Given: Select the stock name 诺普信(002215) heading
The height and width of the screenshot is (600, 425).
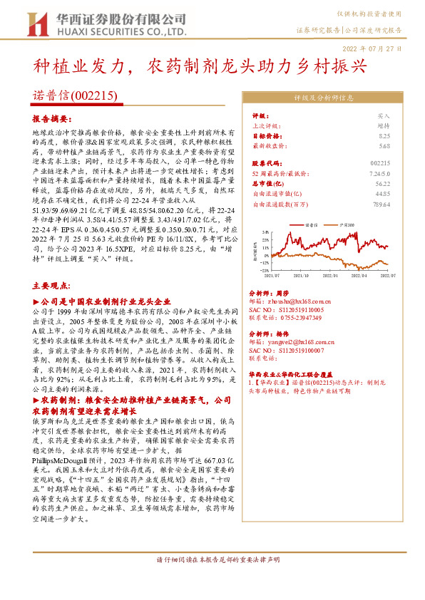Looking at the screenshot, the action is (x=76, y=95).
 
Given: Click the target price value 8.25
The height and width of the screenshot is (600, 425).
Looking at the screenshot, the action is (x=385, y=135).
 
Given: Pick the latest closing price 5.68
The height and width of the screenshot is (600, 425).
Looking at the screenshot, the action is (x=385, y=145).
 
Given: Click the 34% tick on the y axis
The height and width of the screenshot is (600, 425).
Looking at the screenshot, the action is (x=264, y=232).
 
